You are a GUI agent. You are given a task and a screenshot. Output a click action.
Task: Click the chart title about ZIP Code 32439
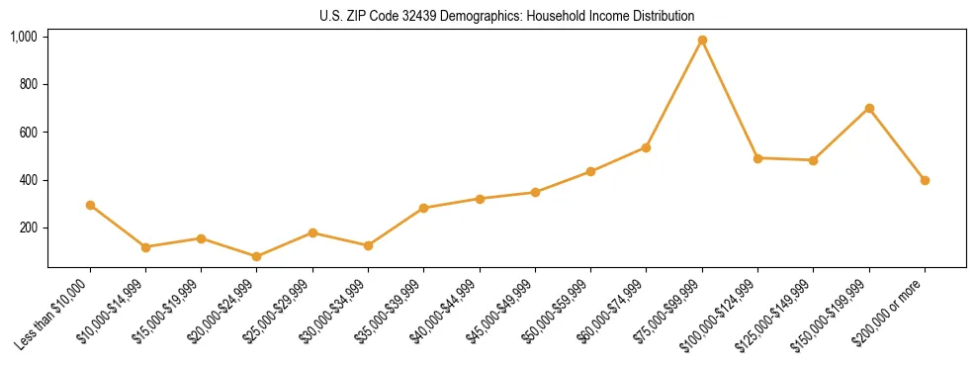click(507, 17)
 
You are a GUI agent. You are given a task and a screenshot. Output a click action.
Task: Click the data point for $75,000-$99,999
click(702, 41)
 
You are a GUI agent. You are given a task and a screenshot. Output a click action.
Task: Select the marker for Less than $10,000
click(90, 205)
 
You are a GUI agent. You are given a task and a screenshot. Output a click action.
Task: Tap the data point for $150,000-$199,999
click(869, 108)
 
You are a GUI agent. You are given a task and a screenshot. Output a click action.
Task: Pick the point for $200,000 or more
click(925, 180)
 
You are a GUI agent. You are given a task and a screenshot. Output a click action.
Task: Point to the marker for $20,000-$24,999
click(257, 256)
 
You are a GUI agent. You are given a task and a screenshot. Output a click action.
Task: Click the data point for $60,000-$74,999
click(646, 147)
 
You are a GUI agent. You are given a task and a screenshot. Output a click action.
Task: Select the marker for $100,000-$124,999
click(757, 158)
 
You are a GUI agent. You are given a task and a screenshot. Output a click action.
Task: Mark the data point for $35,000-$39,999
click(423, 208)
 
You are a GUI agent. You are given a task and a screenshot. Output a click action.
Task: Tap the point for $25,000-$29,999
click(312, 232)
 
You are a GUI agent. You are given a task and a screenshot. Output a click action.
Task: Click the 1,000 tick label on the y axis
click(23, 37)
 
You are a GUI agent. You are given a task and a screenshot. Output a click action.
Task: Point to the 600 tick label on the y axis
click(28, 133)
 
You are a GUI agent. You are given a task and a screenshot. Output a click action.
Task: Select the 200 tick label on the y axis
click(28, 228)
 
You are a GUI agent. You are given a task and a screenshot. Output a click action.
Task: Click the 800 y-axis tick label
click(28, 84)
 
